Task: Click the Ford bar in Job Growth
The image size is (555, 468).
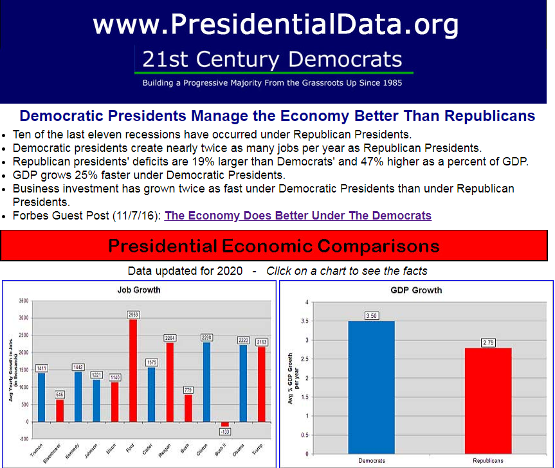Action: coord(133,370)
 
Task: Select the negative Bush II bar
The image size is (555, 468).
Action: coord(225,424)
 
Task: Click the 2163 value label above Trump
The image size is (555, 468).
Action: coord(262,341)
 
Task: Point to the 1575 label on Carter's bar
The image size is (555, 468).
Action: coord(152,362)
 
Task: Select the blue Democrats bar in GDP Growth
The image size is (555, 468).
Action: coord(371,387)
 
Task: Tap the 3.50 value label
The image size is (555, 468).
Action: coord(371,315)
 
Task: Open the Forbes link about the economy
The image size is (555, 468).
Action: coord(298,216)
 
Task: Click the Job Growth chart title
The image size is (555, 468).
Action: coord(139,290)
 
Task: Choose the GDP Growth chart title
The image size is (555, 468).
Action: coord(416,290)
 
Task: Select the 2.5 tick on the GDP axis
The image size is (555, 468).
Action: coord(305,359)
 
